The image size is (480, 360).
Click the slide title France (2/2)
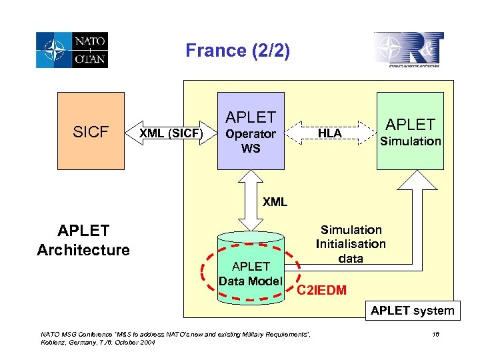(x=237, y=51)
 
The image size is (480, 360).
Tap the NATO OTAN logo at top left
(x=72, y=50)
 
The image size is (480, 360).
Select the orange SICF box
(x=91, y=131)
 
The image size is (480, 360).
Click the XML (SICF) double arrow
(x=170, y=134)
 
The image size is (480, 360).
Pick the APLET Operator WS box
(x=251, y=131)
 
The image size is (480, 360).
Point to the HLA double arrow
(x=330, y=133)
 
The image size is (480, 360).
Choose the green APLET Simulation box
(x=410, y=131)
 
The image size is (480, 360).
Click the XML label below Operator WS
(x=275, y=202)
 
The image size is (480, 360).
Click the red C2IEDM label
(x=321, y=290)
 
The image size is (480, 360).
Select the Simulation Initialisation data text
(x=351, y=244)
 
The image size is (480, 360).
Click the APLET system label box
(x=412, y=310)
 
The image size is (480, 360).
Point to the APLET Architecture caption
(x=83, y=241)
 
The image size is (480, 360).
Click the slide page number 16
(x=437, y=333)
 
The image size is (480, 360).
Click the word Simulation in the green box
(x=410, y=141)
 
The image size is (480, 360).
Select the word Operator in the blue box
(x=251, y=134)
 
